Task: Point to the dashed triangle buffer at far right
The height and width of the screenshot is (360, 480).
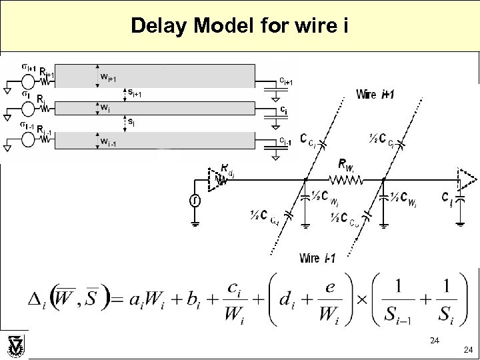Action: [467, 179]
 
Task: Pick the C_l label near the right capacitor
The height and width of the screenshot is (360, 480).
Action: [446, 198]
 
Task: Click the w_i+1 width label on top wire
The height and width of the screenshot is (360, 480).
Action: [108, 77]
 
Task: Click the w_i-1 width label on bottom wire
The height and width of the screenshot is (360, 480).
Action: [107, 141]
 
